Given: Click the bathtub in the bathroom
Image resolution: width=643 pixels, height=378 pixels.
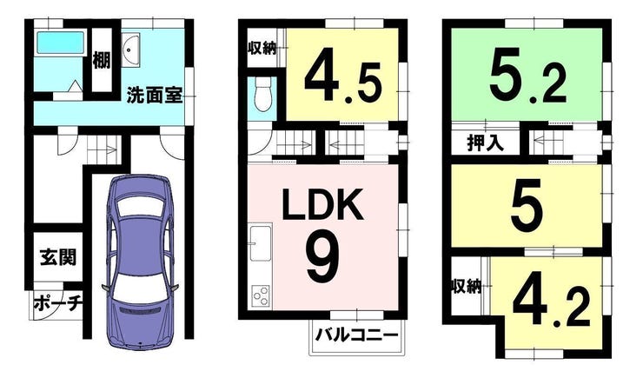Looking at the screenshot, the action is click(61, 43).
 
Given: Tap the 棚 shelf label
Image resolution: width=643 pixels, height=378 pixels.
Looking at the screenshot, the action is click(102, 60).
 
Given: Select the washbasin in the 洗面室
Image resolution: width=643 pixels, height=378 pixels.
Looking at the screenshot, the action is click(131, 50).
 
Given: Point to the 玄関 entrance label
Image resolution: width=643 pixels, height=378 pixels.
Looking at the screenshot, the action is click(58, 257).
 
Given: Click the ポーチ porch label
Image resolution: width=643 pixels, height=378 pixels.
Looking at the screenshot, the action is click(58, 303).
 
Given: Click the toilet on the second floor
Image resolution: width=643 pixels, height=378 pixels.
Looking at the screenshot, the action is click(262, 95).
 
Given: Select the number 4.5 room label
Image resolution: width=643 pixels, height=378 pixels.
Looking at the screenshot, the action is click(343, 76).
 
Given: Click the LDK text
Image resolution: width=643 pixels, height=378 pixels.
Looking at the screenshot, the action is click(322, 204).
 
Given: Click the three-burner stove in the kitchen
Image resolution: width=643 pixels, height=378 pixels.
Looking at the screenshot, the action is click(261, 295).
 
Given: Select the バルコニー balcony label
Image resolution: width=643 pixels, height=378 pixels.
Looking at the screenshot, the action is click(356, 335).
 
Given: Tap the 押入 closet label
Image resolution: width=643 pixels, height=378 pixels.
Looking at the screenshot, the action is click(485, 143).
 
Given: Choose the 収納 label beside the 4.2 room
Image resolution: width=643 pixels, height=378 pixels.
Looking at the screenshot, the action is click(467, 286).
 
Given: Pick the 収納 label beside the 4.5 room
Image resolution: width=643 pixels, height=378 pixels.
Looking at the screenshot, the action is click(262, 49).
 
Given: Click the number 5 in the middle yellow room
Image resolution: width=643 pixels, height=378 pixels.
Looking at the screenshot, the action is click(527, 206).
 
